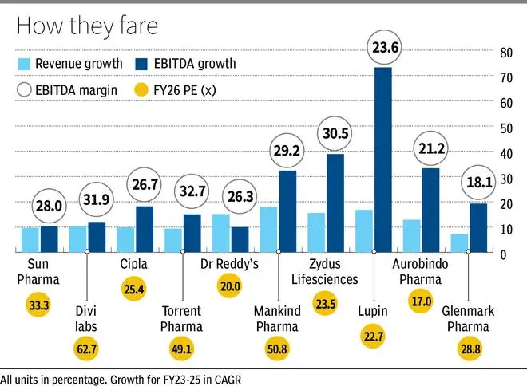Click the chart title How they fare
(88, 26)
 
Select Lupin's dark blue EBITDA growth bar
(383, 160)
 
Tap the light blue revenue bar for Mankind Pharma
(269, 230)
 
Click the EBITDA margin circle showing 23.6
(382, 46)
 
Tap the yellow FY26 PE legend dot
(145, 90)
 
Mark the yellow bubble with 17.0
(418, 302)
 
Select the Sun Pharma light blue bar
(30, 239)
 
